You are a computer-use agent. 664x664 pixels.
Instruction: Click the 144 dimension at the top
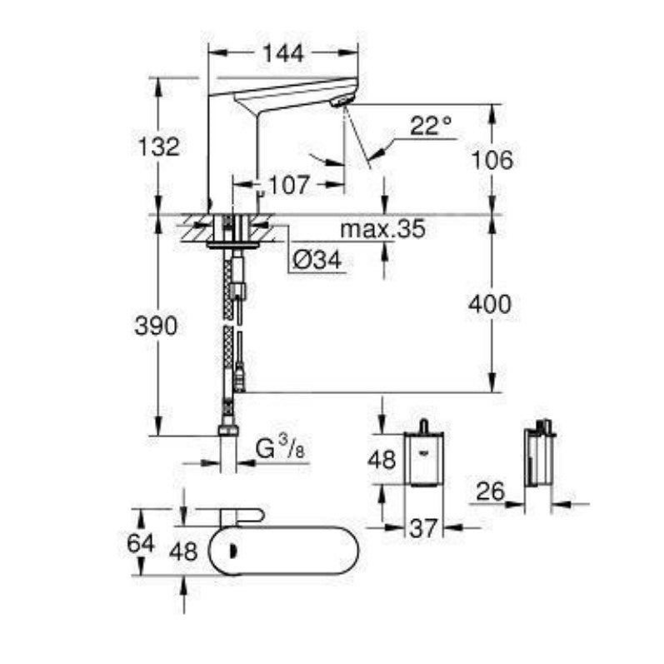[282, 53]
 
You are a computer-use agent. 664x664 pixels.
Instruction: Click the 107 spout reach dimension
[289, 184]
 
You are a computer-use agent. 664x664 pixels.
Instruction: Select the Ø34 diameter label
[316, 262]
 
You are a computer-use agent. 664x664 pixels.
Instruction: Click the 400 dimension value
[491, 305]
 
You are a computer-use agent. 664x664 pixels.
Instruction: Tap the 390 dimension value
[155, 327]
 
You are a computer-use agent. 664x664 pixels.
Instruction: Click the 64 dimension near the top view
[142, 543]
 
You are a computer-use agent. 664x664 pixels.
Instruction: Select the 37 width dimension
[424, 527]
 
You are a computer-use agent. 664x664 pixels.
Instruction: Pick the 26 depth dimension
[491, 491]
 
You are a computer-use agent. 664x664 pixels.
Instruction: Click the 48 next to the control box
[384, 460]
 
